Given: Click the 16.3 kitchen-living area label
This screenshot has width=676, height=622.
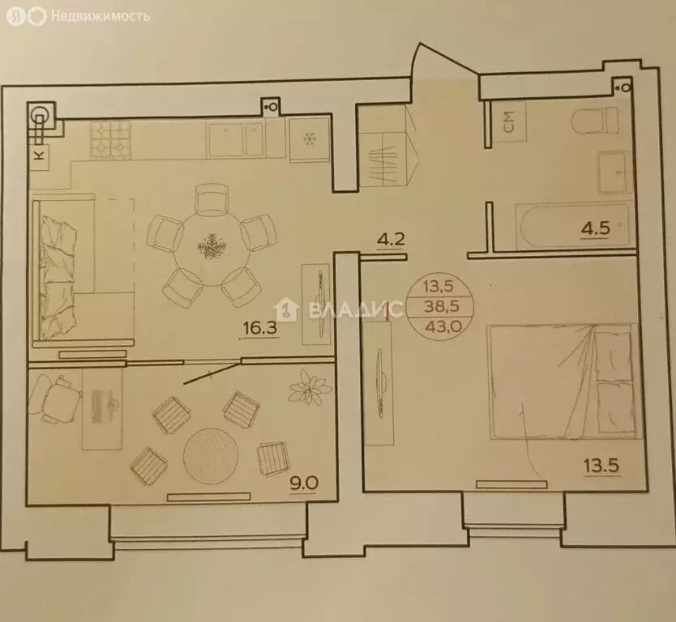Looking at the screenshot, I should [260, 329].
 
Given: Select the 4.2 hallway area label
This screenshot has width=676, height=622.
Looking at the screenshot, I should [390, 241].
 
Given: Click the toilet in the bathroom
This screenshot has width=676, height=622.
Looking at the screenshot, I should [599, 122].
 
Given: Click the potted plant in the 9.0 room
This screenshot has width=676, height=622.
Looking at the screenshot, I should [307, 386].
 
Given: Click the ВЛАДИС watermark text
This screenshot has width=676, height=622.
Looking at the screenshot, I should [349, 309].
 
